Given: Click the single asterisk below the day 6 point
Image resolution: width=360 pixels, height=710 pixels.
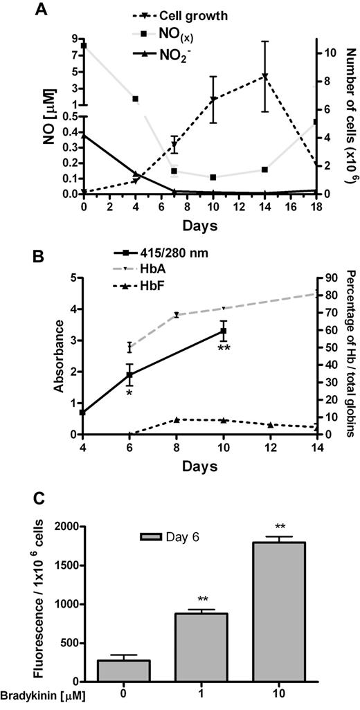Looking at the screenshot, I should (129, 392).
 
